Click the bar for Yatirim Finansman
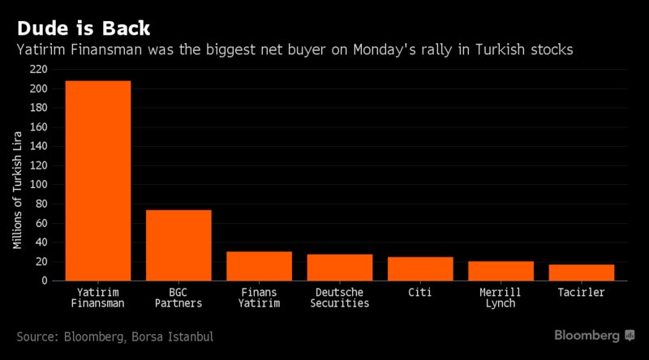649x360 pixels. [x=97, y=180]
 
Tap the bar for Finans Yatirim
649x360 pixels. [x=259, y=266]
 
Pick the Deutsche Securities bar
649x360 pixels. [x=340, y=267]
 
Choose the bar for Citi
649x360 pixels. [x=420, y=268]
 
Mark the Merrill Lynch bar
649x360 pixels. [x=501, y=271]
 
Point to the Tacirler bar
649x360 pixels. [x=582, y=272]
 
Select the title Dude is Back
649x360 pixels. [x=83, y=28]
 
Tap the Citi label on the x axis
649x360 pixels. [x=420, y=291]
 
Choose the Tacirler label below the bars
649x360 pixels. [x=582, y=291]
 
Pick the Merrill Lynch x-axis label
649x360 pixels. [x=501, y=297]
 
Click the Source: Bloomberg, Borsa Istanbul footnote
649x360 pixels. [x=114, y=336]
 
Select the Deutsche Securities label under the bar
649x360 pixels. [x=340, y=297]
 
